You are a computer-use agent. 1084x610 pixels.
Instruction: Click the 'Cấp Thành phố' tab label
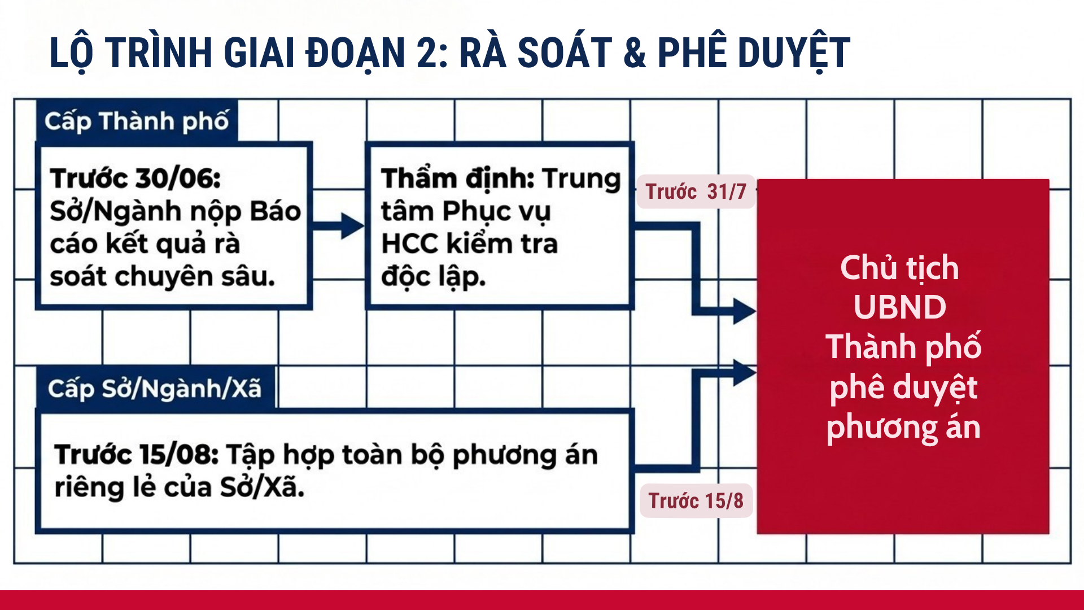(x=137, y=121)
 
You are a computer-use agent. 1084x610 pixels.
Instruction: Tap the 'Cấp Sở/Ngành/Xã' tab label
(x=155, y=389)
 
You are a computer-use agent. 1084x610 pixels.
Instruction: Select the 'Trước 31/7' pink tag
(x=696, y=192)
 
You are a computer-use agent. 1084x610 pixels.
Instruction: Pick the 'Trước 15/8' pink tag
(x=696, y=501)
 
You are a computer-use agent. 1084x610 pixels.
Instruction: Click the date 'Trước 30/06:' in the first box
(x=135, y=178)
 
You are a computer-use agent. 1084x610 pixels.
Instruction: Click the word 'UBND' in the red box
(x=900, y=308)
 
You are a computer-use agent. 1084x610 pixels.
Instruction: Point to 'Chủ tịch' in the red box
(x=899, y=268)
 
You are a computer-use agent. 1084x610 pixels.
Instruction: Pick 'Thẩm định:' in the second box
(x=458, y=178)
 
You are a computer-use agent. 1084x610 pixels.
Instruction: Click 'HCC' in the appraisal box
(x=409, y=244)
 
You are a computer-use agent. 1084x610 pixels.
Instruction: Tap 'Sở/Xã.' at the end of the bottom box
(x=262, y=487)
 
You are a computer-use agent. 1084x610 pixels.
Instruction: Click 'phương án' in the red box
(x=903, y=428)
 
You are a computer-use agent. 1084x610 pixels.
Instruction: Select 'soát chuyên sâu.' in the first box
(x=163, y=277)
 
